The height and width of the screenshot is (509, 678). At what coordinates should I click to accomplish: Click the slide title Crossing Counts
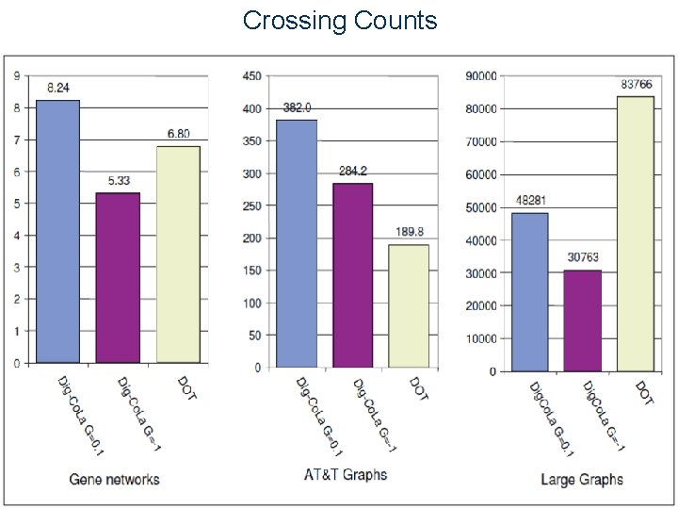click(340, 20)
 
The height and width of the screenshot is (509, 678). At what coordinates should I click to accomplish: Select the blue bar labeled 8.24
click(57, 231)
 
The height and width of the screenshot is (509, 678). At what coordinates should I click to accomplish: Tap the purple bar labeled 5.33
click(118, 277)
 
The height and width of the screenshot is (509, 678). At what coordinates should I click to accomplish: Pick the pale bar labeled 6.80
click(178, 254)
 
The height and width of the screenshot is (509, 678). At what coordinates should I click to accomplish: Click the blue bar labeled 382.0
click(297, 243)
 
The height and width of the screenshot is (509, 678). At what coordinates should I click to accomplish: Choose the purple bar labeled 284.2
click(352, 274)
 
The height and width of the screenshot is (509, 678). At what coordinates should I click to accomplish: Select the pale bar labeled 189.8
click(409, 305)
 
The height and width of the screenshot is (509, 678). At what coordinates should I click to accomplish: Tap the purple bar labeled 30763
click(582, 320)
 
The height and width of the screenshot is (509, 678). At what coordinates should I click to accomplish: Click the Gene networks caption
click(115, 480)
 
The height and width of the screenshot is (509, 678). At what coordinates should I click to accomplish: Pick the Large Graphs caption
click(582, 480)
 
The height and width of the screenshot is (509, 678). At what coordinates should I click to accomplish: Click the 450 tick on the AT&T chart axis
click(251, 76)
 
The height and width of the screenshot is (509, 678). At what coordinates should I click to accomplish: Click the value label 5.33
click(118, 182)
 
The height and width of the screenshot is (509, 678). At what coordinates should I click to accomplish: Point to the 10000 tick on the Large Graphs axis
click(482, 338)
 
